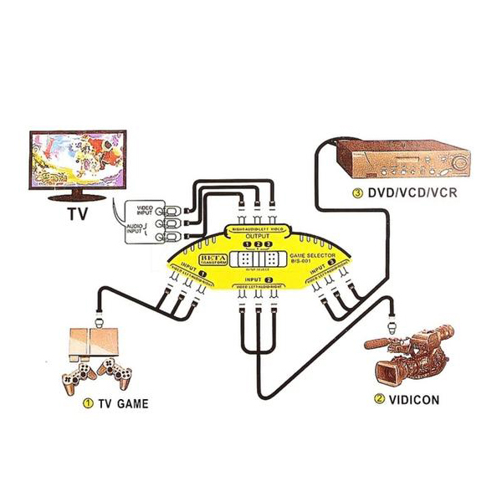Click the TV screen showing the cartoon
pyautogui.click(x=77, y=161)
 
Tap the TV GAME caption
pyautogui.click(x=123, y=404)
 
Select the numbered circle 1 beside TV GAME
pyautogui.click(x=87, y=404)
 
